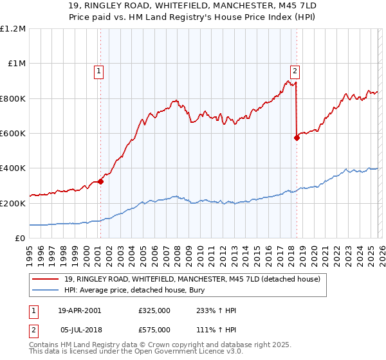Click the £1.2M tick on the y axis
coord(13,29)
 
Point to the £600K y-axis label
coord(13,134)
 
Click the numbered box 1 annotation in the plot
coord(100,71)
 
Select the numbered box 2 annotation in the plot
coord(295,71)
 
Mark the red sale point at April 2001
coord(101,181)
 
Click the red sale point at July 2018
coord(297,138)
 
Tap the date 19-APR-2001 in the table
coord(79,310)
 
